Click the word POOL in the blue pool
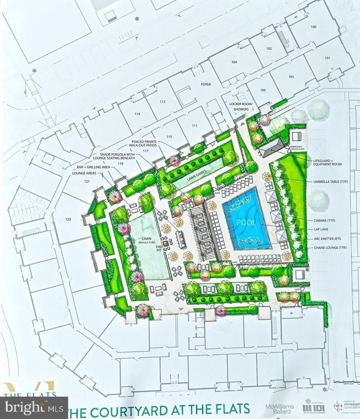(x=246, y=223)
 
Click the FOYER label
(x=206, y=84)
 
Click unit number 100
(x=313, y=27)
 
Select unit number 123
(x=68, y=220)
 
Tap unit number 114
(x=137, y=114)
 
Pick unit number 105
(x=263, y=90)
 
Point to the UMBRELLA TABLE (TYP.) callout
(x=327, y=181)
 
